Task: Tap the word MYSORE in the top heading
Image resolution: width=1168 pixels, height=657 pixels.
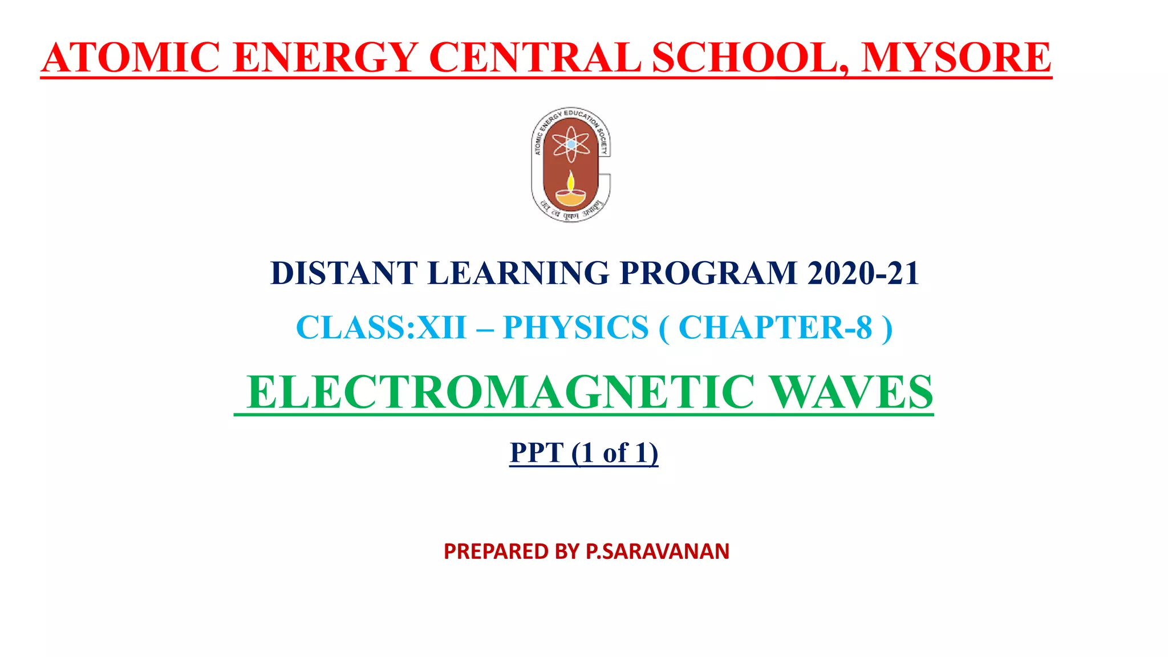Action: click(956, 58)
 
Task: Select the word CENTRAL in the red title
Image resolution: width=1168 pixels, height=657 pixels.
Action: click(535, 58)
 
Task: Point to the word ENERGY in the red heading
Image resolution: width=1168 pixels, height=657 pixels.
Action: click(325, 58)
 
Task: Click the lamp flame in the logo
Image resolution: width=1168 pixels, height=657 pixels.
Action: click(570, 181)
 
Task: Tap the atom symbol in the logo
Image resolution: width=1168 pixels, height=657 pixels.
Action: click(571, 144)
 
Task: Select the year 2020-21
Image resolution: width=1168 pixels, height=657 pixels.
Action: click(863, 273)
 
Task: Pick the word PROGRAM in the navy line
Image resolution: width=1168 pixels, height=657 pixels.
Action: click(708, 273)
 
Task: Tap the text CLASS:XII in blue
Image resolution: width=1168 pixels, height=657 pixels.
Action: click(381, 328)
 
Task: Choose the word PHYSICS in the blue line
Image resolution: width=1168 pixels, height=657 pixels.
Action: click(576, 328)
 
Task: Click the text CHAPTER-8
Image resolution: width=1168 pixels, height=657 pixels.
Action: click(776, 328)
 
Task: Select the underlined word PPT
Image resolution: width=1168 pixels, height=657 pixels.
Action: click(536, 453)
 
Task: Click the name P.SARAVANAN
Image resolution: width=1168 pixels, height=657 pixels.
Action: click(658, 551)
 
